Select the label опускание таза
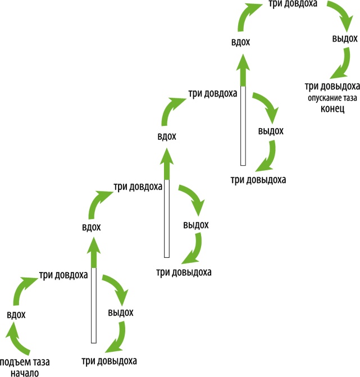tap(331, 97)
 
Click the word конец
tap(332, 107)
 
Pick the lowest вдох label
tap(17, 315)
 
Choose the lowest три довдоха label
tap(63, 275)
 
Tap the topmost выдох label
tap(344, 39)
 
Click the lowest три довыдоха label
tap(109, 361)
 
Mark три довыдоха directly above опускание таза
tap(332, 86)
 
